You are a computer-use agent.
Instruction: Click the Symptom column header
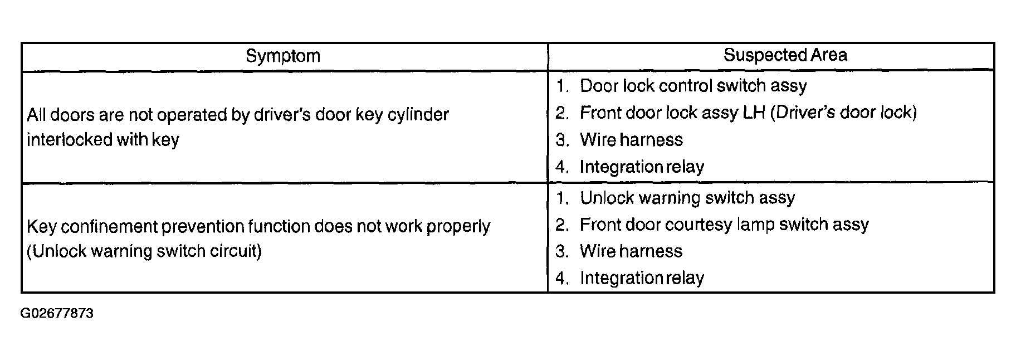coord(283,56)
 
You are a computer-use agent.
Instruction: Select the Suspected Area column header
coord(785,55)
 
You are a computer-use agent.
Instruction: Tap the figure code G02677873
coord(57,313)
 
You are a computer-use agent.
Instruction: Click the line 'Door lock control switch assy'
coord(693,86)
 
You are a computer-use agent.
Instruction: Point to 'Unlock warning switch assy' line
coord(687,198)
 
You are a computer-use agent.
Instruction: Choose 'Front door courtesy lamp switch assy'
coord(724,225)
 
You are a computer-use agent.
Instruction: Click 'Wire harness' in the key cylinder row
coord(631,139)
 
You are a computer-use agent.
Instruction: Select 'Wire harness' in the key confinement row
coord(631,251)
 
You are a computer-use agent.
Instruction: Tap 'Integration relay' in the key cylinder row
coord(642,167)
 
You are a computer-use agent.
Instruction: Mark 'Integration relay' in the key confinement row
coord(642,278)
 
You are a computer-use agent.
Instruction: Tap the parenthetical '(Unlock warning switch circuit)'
coord(144,251)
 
